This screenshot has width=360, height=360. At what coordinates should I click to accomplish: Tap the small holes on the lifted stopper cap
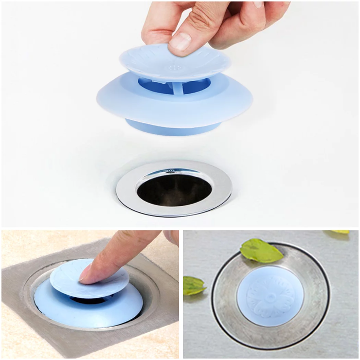[x=174, y=67]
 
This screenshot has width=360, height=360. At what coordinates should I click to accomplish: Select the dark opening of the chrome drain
[x=174, y=190]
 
